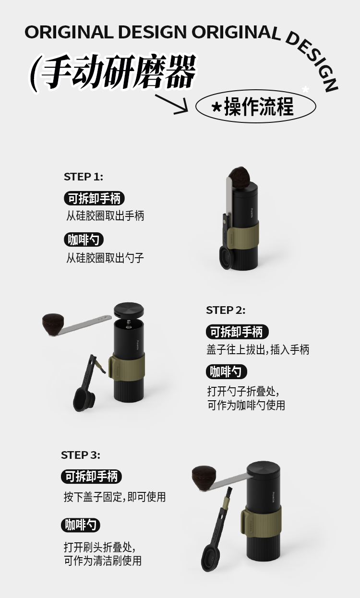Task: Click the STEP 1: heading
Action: pos(84,177)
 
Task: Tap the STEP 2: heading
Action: pos(226,310)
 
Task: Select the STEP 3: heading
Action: pos(81,455)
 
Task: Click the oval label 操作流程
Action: pos(255,106)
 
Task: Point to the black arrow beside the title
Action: pos(172,104)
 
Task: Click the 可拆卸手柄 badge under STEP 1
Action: pos(94,198)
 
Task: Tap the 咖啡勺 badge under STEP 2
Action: pos(227,371)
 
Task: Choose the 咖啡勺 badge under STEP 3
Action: pos(81,525)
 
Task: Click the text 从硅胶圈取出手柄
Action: pos(105,215)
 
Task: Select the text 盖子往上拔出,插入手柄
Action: pos(258,349)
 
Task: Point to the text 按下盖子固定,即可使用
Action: pos(115,497)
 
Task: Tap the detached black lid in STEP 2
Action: pos(129,310)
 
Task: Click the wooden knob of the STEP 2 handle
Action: pos(53,323)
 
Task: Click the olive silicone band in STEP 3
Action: pos(261,523)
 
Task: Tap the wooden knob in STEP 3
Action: pos(204,478)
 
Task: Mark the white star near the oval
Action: pos(305,89)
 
